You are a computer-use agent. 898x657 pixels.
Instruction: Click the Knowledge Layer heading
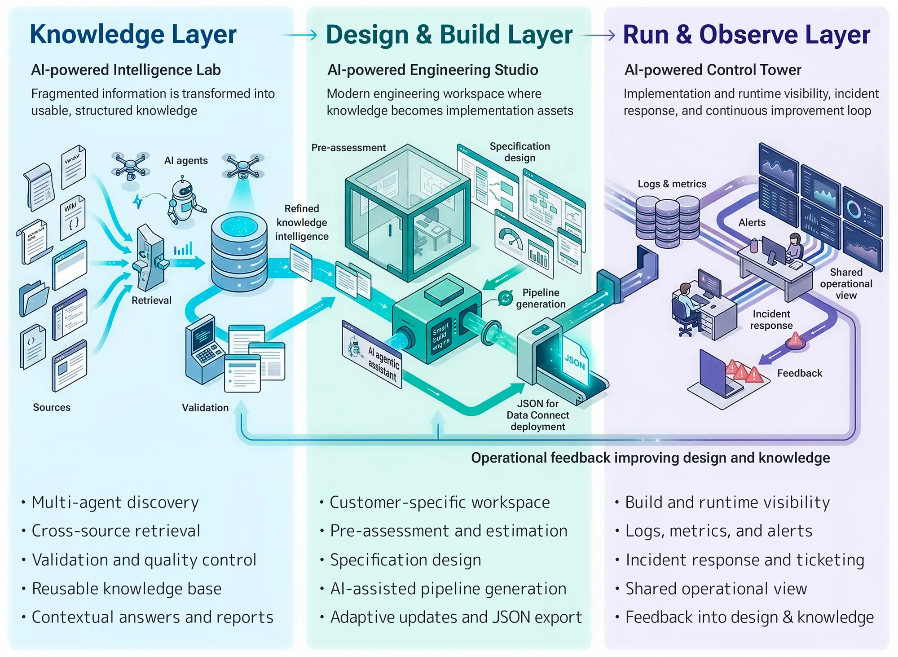click(x=133, y=35)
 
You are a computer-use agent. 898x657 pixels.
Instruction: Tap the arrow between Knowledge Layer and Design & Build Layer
click(x=299, y=35)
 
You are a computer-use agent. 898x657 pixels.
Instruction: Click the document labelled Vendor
click(x=73, y=166)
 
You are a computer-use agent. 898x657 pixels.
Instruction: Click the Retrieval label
click(x=151, y=300)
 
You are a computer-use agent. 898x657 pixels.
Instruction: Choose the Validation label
click(x=205, y=408)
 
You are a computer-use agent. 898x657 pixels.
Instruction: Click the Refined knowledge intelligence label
click(x=301, y=222)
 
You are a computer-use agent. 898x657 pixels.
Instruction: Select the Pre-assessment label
click(x=348, y=148)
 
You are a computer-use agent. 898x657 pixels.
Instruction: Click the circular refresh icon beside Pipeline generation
click(x=505, y=298)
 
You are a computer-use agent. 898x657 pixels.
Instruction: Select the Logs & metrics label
click(x=672, y=184)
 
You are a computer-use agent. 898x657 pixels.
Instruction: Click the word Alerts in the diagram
click(x=752, y=222)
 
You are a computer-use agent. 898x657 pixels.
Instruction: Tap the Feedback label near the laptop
click(x=799, y=373)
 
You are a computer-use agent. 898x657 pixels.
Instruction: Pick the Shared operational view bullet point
click(x=716, y=589)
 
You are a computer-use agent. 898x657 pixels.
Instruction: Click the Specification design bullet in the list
click(x=405, y=560)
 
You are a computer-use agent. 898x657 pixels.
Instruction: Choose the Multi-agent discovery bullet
click(x=115, y=502)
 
